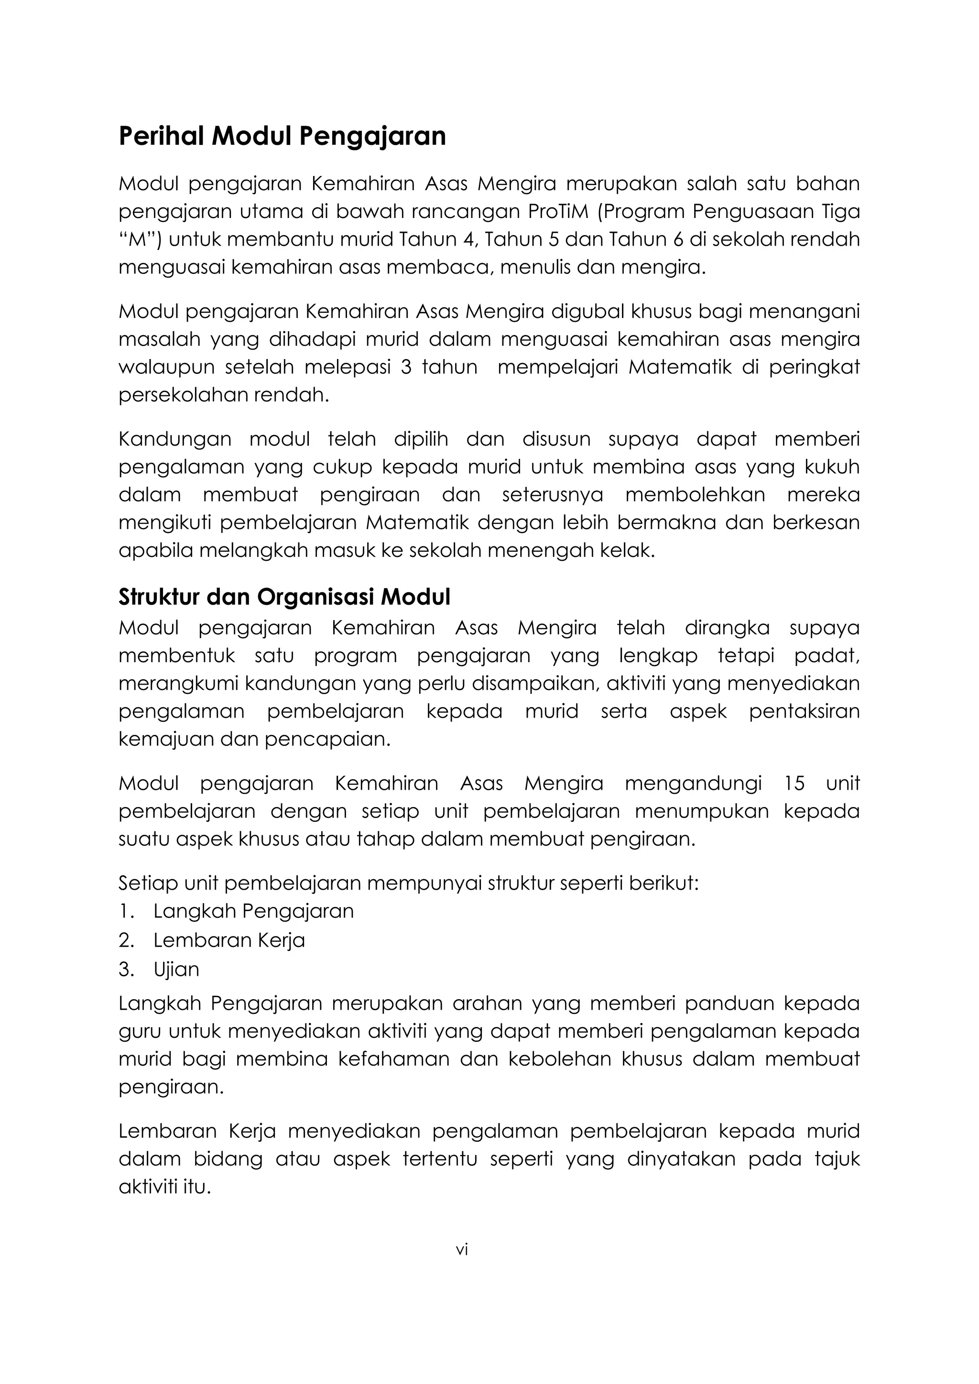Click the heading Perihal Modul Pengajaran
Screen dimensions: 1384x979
[x=282, y=136]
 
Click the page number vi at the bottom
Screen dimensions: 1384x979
[x=462, y=1250]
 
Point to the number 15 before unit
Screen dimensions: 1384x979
[x=794, y=783]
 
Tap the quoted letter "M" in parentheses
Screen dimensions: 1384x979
[x=140, y=240]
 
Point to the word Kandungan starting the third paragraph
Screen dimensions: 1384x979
[x=175, y=439]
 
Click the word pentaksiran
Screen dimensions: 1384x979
[x=804, y=711]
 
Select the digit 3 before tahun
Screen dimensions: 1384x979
[x=406, y=367]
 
